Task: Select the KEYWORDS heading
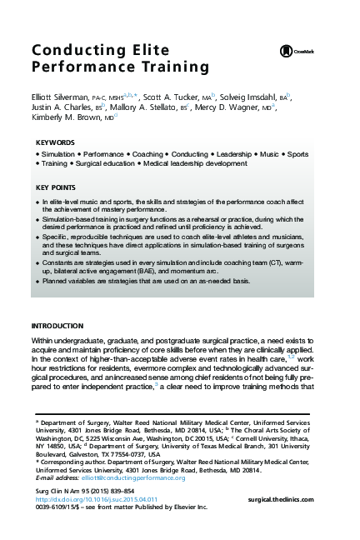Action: (x=55, y=142)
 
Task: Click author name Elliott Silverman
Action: (x=58, y=97)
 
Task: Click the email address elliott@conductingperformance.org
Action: (x=129, y=478)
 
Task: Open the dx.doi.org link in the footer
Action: (x=87, y=499)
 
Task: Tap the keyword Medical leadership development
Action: (x=195, y=164)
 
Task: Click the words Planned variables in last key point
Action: (x=71, y=282)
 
